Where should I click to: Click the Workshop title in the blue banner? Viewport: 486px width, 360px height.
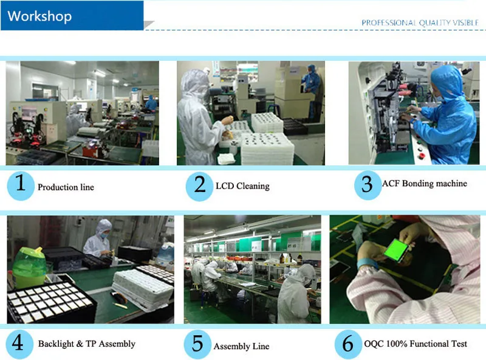39,16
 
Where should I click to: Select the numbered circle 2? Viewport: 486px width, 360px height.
200,185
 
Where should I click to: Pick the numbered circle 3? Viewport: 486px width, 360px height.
367,184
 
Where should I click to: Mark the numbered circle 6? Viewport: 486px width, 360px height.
348,344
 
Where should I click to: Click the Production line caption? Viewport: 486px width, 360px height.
66,187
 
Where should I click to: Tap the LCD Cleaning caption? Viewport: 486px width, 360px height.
242,186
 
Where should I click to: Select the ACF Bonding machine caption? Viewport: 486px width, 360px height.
425,184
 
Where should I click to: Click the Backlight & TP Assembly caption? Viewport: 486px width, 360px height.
87,344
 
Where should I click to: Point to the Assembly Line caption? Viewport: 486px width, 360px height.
241,347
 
